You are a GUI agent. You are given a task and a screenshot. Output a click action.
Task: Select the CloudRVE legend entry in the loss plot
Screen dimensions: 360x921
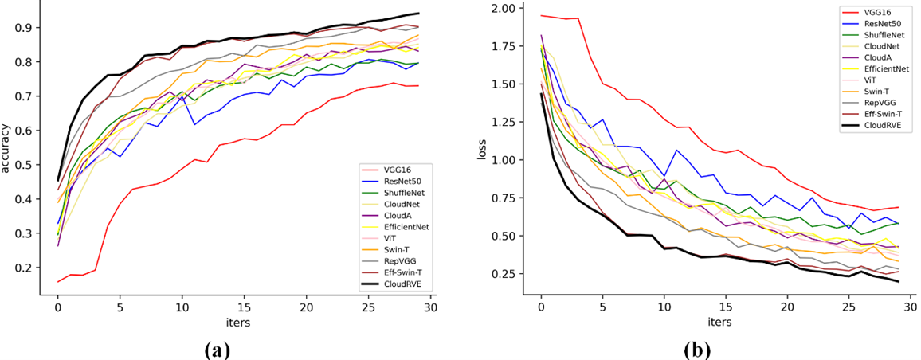pyautogui.click(x=882, y=127)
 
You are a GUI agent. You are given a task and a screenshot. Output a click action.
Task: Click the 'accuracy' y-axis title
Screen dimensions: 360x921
pyautogui.click(x=8, y=147)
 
